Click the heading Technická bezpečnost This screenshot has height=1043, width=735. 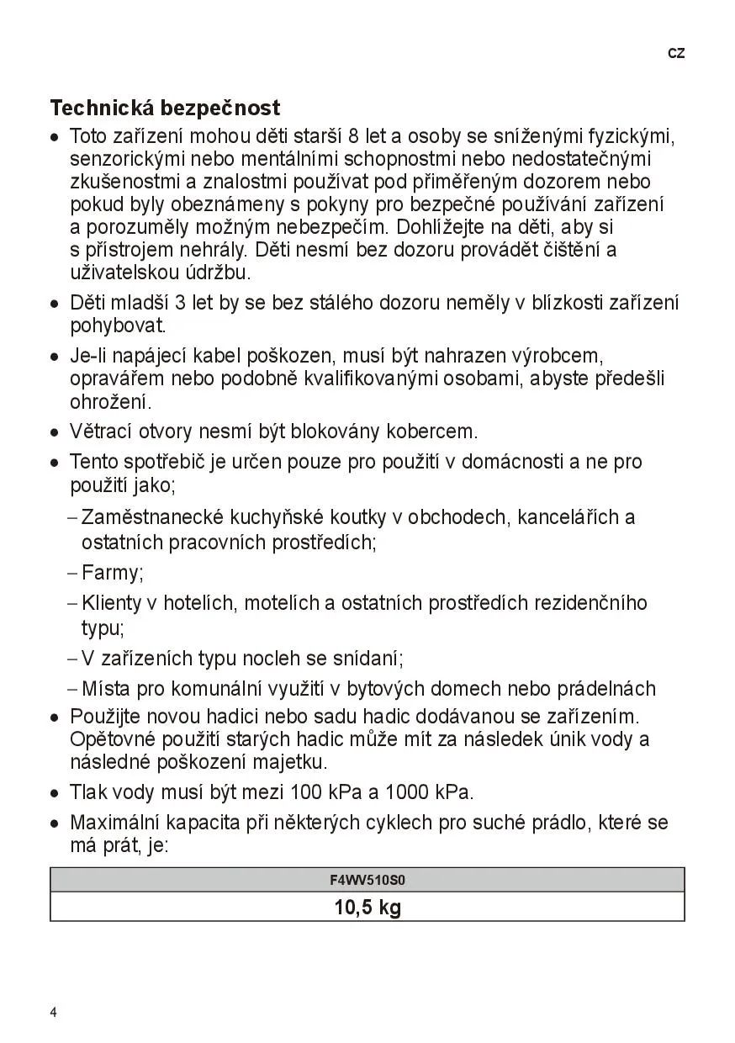165,109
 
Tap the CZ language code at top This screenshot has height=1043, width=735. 676,54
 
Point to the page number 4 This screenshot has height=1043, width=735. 54,1013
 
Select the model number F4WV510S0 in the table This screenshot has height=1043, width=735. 367,881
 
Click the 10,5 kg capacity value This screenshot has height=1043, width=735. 367,908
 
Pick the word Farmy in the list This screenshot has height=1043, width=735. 111,574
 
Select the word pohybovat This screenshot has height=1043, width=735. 117,326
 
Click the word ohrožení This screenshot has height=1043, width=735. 109,402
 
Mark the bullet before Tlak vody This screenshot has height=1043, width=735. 55,793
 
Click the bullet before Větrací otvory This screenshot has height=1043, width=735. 55,433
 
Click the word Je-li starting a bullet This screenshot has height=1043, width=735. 85,357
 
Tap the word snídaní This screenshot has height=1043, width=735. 367,659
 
